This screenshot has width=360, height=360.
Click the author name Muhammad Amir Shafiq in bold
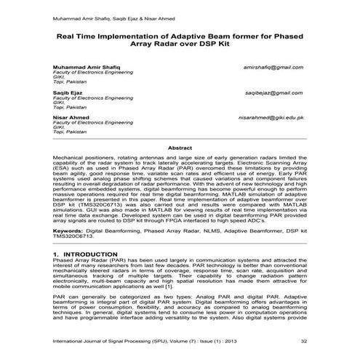[83, 67]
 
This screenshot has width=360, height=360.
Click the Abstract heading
[180, 148]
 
